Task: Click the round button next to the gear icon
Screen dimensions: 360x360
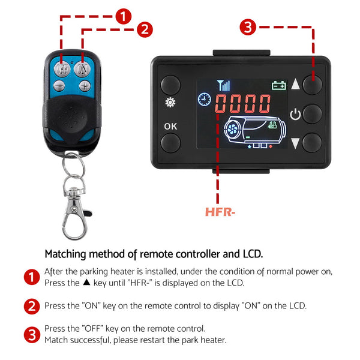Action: point(170,84)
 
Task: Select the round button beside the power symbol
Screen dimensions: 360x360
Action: point(313,113)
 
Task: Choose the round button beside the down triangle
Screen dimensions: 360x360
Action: point(313,143)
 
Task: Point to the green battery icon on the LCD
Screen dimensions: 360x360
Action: point(278,85)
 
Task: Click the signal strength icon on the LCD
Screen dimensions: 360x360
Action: point(223,85)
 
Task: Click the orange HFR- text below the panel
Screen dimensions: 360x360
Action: point(220,212)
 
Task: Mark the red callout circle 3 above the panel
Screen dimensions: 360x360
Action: point(248,27)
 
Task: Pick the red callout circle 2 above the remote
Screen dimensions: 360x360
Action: point(145,29)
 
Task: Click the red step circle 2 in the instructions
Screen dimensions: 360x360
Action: point(32,306)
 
